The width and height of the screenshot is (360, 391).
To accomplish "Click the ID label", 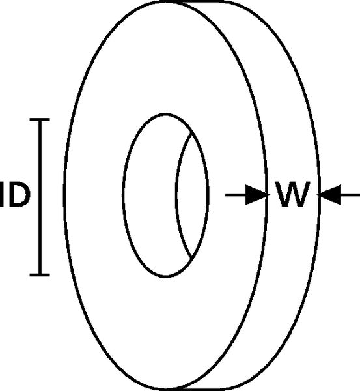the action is point(15,195).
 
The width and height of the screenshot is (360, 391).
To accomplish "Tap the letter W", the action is point(293,194).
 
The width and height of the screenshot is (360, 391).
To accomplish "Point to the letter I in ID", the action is point(2,195).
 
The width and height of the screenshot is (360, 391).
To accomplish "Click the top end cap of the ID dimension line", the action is point(40,120).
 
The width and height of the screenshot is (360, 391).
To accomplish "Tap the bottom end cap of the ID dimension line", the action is point(40,275).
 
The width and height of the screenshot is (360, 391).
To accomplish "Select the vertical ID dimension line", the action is point(40,197).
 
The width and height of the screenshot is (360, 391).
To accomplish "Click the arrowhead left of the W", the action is point(256,195).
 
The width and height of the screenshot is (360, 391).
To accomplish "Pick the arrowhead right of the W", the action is point(330,195).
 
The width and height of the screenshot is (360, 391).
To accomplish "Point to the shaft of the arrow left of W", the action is point(236,195).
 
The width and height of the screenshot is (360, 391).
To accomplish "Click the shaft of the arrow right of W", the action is point(350,195).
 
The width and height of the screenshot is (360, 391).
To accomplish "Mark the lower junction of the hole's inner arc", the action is point(191,259).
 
